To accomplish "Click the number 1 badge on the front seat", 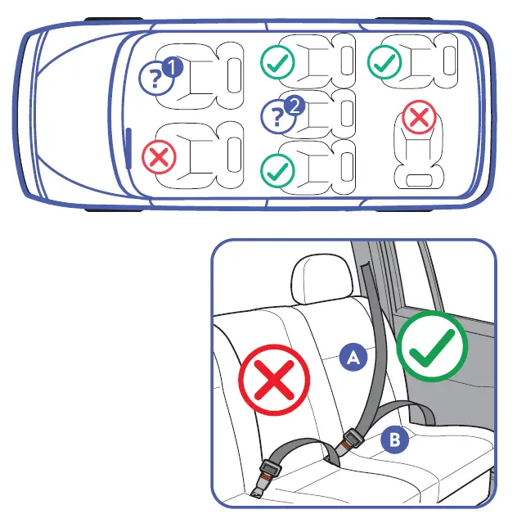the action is coord(173,67).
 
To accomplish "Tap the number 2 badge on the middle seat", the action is coord(294,106).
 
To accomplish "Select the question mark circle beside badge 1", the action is coord(156,79).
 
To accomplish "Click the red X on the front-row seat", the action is coord(159,157).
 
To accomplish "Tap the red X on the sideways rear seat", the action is coord(419,117).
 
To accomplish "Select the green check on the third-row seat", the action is coord(384,62).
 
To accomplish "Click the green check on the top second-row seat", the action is coord(277,62).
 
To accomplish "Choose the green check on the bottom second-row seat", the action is coord(277,171).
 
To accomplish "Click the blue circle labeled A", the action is coord(353,357).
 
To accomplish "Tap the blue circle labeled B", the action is coord(395,439).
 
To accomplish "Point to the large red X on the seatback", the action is coord(274,381).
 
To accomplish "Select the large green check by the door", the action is coord(432,346).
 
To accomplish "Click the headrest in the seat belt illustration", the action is coord(321,278).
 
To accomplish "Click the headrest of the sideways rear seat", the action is coord(419,180).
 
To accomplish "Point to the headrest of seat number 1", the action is coord(234,75).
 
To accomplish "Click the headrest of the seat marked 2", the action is coord(347,114).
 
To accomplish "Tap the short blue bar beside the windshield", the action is coord(128,148).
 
